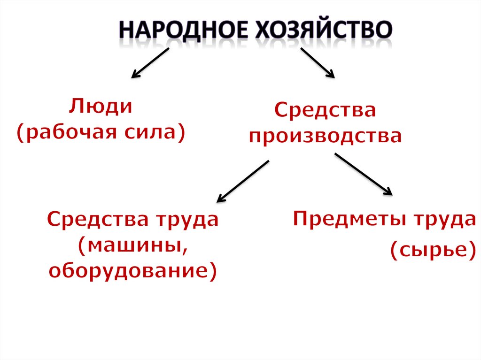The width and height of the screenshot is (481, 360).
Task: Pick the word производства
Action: click(325, 137)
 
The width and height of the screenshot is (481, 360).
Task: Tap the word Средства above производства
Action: click(325, 111)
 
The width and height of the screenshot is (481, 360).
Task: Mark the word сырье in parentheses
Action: click(429, 251)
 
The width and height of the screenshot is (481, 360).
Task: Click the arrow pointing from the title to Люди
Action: click(150, 62)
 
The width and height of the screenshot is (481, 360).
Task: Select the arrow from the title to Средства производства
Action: click(317, 62)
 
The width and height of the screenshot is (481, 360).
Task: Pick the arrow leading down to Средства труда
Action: click(242, 181)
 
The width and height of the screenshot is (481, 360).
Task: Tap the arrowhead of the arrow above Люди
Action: click(135, 74)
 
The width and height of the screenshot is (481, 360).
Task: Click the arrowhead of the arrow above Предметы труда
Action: click(388, 190)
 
